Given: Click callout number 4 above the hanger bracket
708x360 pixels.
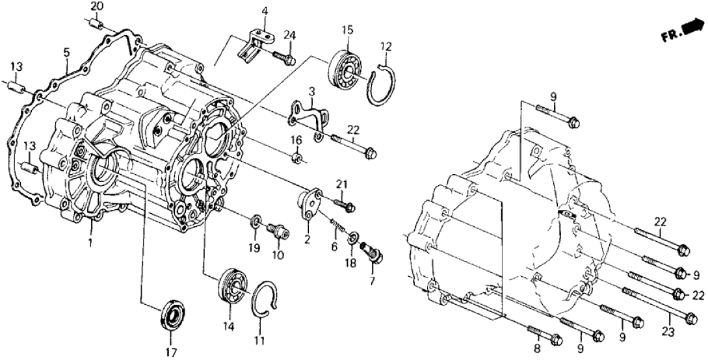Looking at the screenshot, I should click(265, 11).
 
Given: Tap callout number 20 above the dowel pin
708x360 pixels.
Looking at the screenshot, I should click(96, 7).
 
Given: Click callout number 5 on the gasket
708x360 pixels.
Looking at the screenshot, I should click(66, 52).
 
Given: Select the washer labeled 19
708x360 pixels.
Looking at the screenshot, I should click(256, 225).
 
